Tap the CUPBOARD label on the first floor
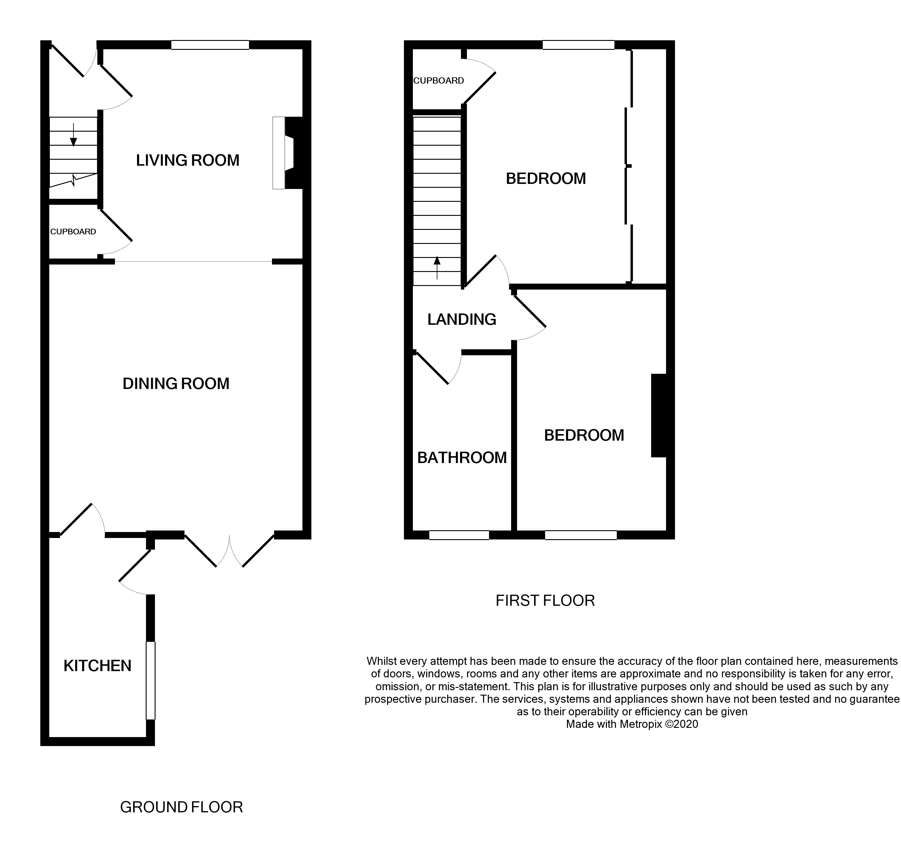(x=438, y=81)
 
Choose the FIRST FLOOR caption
(x=545, y=600)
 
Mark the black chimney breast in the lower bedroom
(x=658, y=415)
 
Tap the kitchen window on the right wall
(x=150, y=681)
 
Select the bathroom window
(x=459, y=535)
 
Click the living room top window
(x=210, y=45)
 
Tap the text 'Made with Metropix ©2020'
(x=632, y=724)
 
